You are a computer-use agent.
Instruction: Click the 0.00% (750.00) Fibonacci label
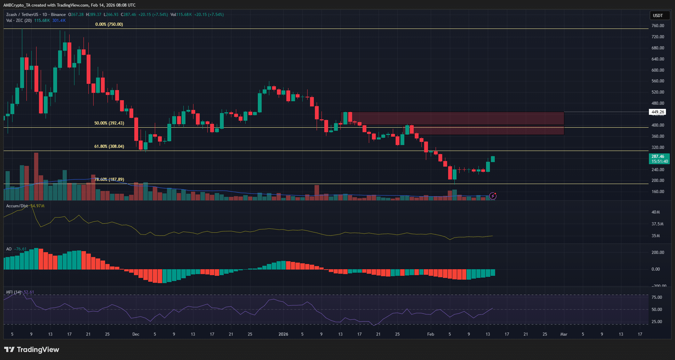109,24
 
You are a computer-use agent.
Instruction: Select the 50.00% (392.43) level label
109,123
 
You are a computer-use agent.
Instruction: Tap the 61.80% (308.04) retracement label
109,146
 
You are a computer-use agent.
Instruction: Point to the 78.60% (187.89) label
109,179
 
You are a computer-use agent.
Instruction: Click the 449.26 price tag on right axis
658,112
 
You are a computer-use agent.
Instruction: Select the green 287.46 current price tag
659,159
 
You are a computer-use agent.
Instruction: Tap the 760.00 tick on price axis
658,26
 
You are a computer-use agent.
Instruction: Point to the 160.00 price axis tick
658,192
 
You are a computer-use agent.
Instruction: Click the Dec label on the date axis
136,334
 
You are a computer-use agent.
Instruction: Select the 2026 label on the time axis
283,334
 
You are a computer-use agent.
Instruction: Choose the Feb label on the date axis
430,334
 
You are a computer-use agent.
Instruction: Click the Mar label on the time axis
564,334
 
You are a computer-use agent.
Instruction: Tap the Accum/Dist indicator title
17,206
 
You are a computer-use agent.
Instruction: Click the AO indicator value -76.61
21,249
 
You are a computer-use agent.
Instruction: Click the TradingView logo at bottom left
32,350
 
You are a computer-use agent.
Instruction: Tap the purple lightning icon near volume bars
493,196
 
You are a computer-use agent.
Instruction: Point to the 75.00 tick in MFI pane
657,297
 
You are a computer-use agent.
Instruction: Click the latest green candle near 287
493,159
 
